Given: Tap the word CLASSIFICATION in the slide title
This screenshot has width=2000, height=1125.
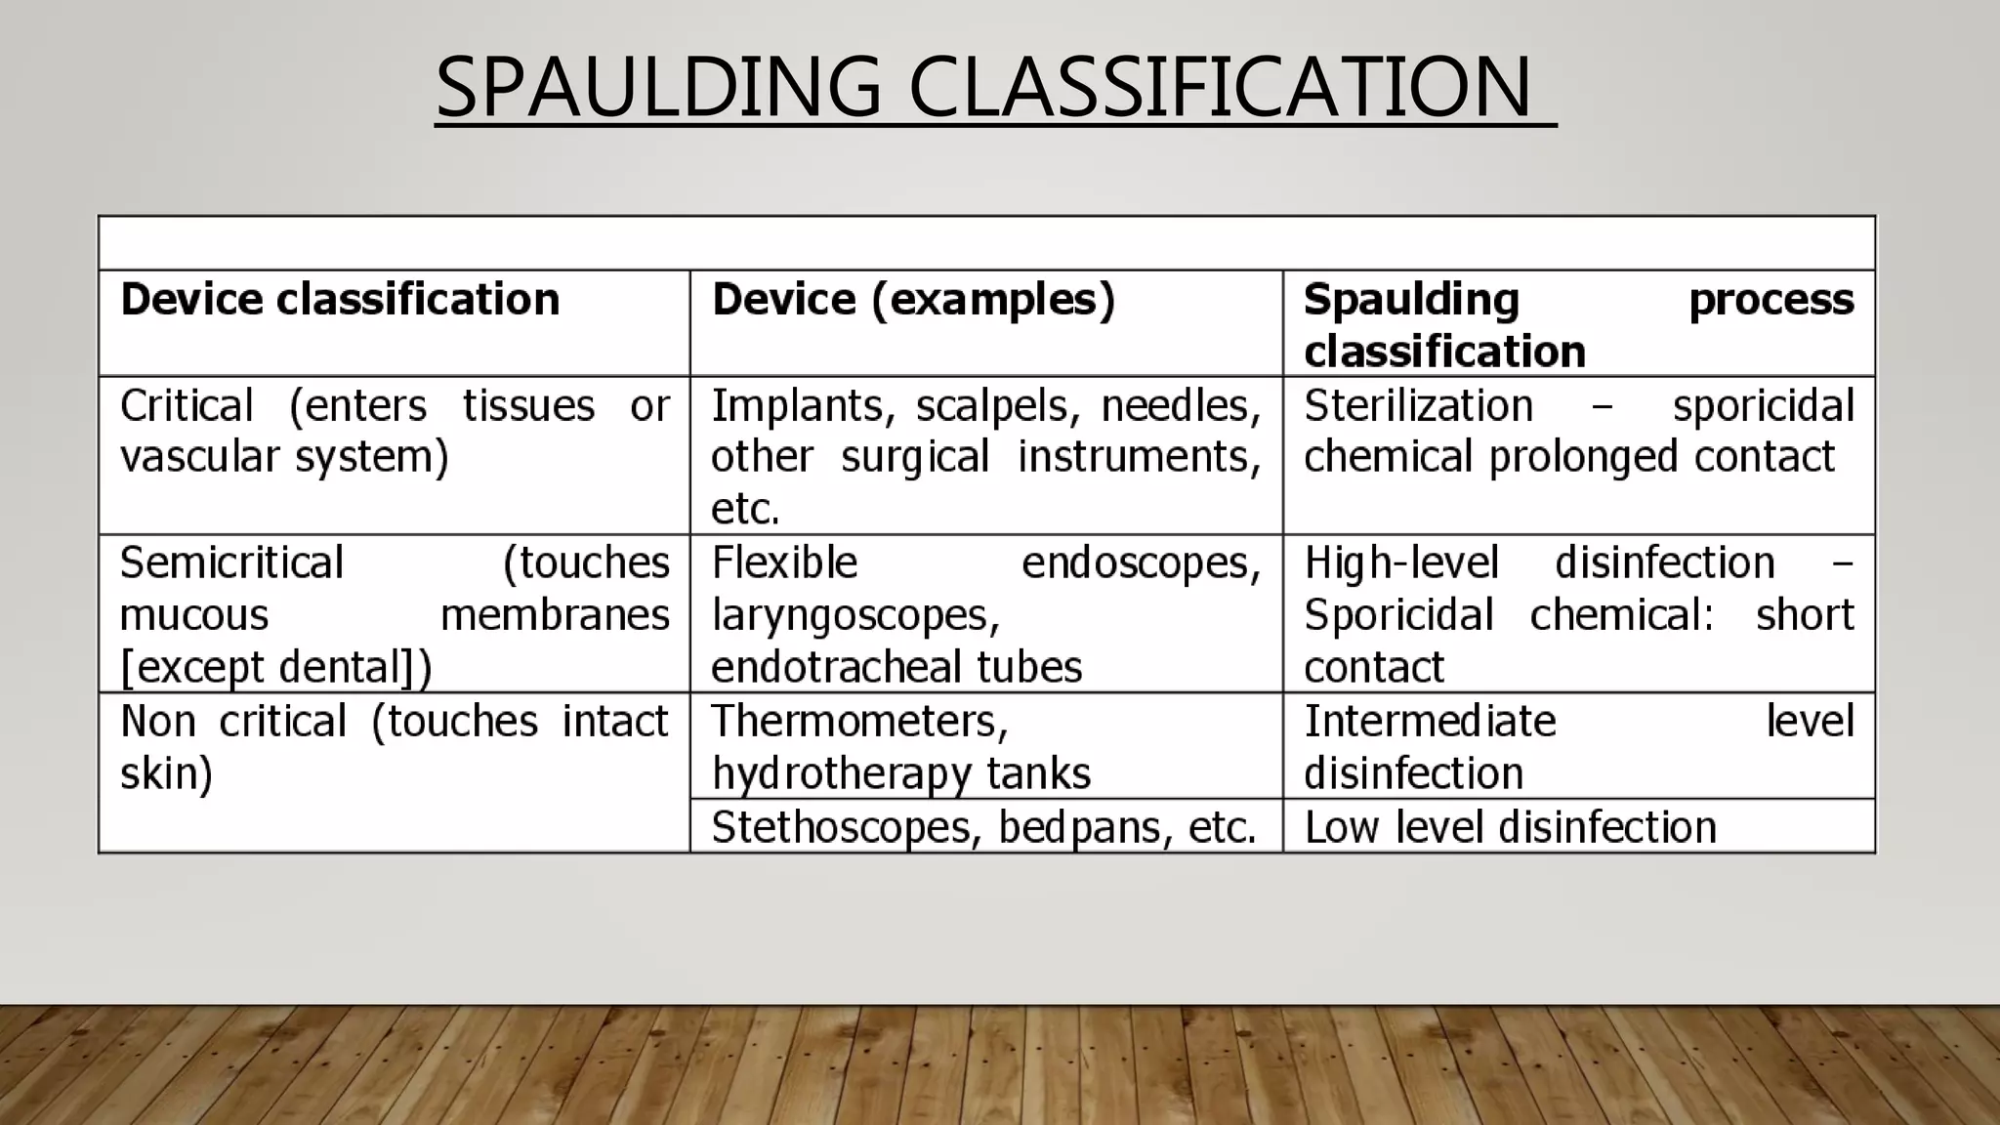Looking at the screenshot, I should (1220, 87).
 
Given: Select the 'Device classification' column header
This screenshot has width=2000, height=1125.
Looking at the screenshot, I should (340, 299).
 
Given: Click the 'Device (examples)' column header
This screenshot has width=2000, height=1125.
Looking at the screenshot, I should (913, 299).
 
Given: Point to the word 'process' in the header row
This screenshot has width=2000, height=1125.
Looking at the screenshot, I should (1771, 299).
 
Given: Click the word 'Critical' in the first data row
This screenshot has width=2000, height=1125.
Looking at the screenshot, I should (187, 405).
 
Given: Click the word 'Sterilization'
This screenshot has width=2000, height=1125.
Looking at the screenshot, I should (1418, 405).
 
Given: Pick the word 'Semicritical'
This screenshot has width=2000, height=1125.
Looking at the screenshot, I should (231, 562).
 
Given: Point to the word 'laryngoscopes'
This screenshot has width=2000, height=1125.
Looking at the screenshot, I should (855, 615).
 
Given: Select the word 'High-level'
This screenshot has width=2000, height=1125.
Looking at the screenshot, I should (1401, 562).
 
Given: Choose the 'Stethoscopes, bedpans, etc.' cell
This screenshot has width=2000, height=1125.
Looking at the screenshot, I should (983, 827).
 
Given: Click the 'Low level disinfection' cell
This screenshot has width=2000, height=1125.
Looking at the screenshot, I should (1510, 827).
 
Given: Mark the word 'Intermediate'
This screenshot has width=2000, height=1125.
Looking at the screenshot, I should (1430, 721).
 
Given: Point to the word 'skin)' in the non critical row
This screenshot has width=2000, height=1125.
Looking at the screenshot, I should (166, 773).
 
